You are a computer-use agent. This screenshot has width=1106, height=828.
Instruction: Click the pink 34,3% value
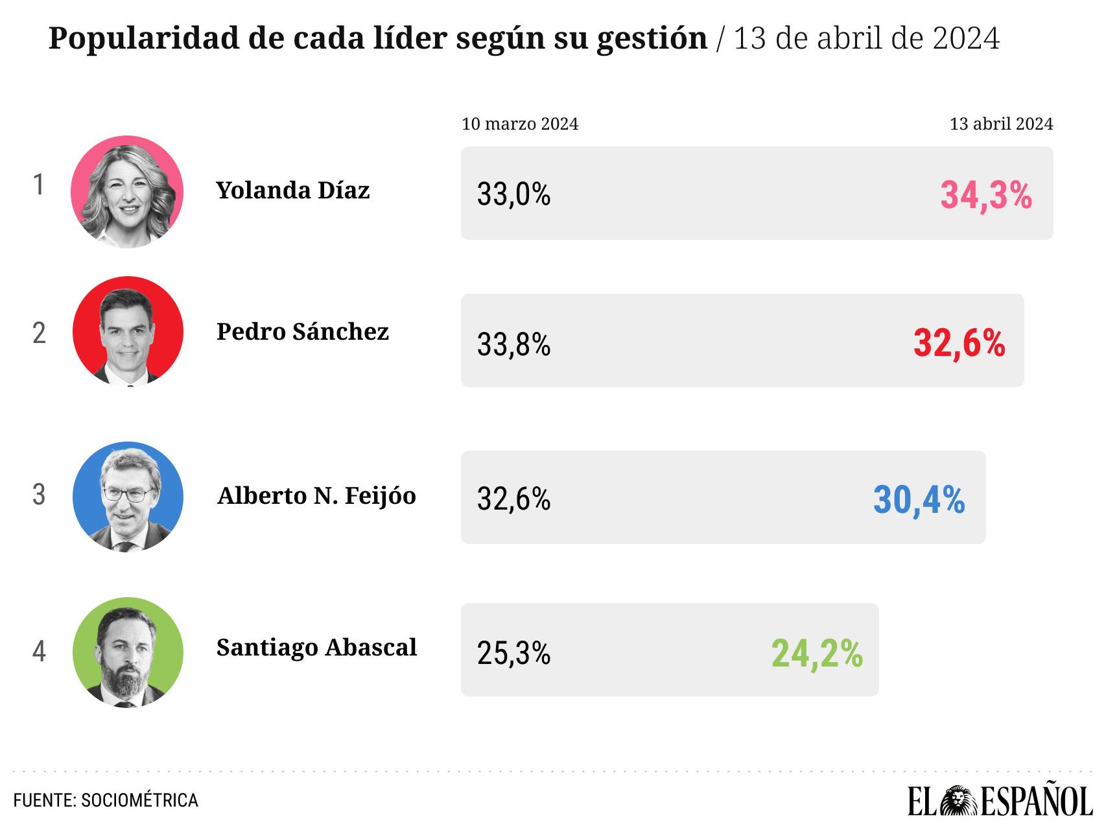986,195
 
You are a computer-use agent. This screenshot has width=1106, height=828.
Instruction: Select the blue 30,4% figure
919,500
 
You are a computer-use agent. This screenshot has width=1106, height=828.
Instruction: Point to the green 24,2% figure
817,654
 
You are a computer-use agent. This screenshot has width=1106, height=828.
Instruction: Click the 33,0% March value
513,194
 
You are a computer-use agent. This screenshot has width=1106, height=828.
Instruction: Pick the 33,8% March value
513,344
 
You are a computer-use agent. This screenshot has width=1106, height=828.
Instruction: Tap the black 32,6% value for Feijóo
513,499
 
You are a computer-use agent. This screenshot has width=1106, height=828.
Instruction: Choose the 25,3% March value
513,654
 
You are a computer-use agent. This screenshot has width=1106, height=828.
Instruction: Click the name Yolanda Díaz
293,190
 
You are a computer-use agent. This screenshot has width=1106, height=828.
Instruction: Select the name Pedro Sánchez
303,331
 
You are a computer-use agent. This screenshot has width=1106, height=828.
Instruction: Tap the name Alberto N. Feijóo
316,495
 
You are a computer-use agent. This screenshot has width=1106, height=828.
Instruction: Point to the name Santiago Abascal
316,647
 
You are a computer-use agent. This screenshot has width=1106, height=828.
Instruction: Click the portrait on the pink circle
127,192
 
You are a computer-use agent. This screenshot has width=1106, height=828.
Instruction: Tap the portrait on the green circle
128,652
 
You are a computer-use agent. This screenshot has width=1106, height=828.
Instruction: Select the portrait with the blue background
128,497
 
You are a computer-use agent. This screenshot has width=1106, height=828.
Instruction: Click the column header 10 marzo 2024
520,124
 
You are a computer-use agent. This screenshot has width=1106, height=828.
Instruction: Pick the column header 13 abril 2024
1002,123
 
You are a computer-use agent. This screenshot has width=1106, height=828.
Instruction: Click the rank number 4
40,652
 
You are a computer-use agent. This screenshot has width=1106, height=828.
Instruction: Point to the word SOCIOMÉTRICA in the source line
139,800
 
